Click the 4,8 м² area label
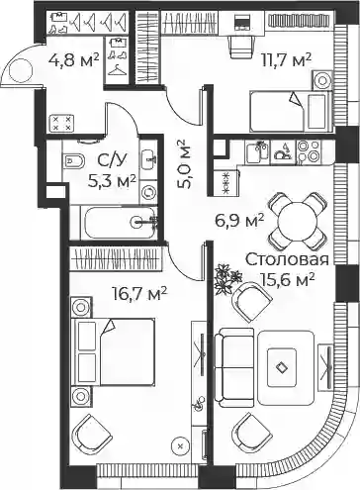(73, 60)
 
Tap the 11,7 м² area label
(286, 60)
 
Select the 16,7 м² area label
(139, 294)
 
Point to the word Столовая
(287, 259)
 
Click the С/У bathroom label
(112, 160)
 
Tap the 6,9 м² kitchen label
(239, 221)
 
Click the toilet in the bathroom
(73, 161)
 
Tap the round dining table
(298, 221)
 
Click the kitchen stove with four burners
(309, 151)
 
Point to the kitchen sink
(257, 151)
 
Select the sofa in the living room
(234, 367)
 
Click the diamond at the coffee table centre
(281, 367)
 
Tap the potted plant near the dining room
(227, 279)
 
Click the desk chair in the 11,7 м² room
(242, 48)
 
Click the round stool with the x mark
(180, 446)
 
